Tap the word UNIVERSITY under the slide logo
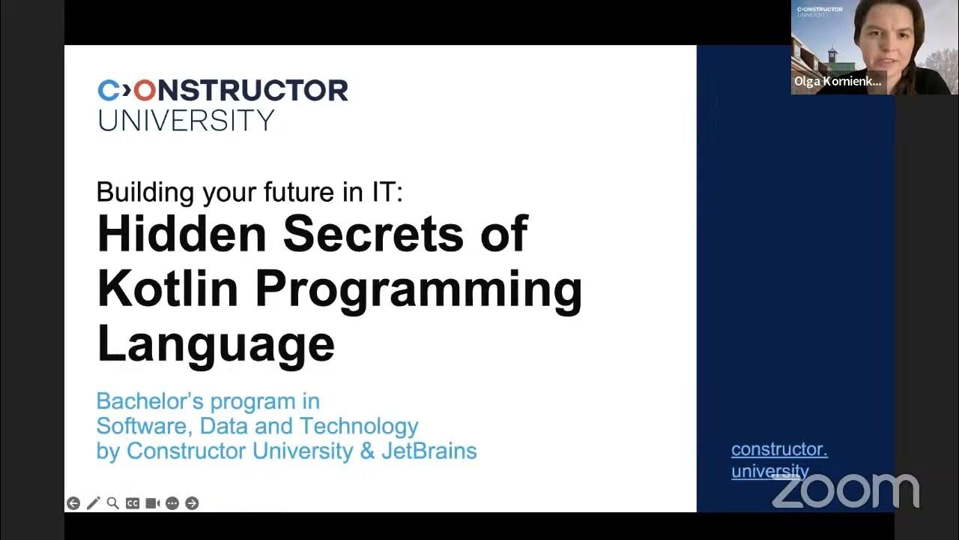click(x=186, y=120)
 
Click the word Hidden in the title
click(x=181, y=233)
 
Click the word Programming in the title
click(x=418, y=291)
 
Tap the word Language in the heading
click(x=216, y=343)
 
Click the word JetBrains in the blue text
click(x=429, y=451)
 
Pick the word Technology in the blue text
click(x=359, y=426)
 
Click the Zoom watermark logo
click(x=845, y=490)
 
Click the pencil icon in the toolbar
click(x=93, y=503)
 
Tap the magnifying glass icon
click(x=112, y=503)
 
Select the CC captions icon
click(x=133, y=503)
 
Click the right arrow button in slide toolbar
click(x=192, y=503)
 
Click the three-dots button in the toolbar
click(x=172, y=503)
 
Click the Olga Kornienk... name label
click(x=838, y=82)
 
